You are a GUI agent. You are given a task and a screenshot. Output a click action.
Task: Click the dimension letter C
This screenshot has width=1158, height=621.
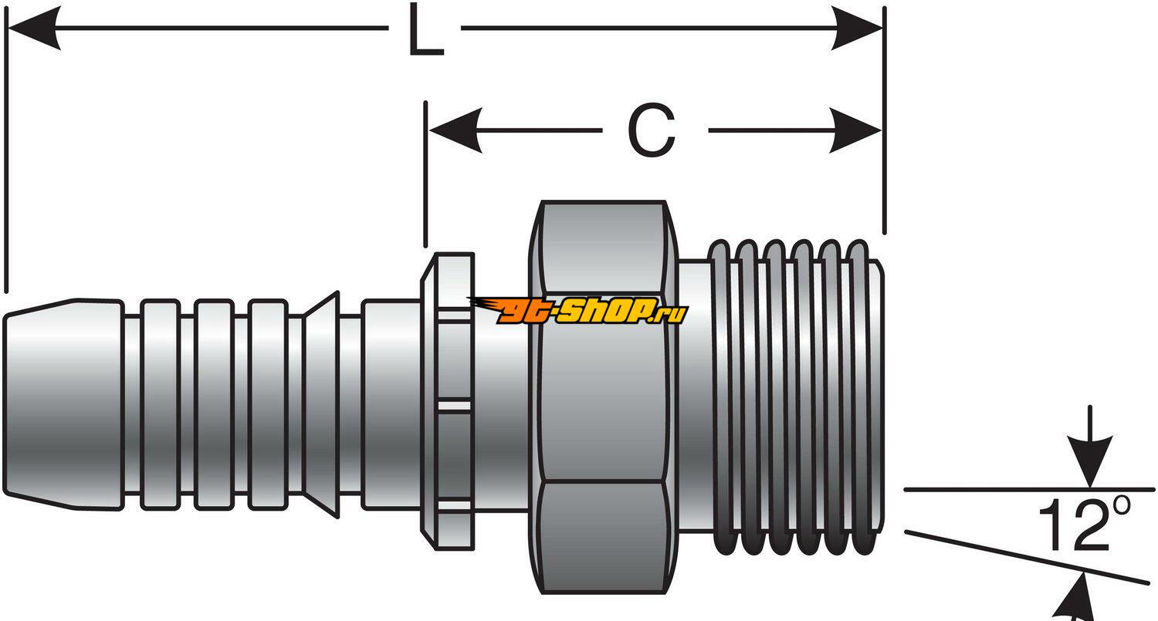(652, 131)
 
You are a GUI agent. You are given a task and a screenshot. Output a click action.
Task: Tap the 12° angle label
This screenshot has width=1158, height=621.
(1085, 525)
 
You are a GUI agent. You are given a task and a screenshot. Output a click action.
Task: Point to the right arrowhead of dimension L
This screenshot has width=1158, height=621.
(857, 29)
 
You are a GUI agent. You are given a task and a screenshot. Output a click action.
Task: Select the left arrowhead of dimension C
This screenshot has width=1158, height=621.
(455, 130)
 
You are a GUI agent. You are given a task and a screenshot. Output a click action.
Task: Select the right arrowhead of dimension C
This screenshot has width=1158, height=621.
(855, 130)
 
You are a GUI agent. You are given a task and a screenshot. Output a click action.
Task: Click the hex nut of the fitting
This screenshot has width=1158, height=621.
(603, 397)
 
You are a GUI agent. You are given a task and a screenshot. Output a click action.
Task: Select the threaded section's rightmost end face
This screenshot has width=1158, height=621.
(880, 397)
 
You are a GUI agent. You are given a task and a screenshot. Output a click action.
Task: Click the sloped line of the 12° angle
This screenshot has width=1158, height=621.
(1027, 557)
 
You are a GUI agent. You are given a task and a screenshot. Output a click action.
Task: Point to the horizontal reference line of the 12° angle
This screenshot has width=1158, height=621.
(1004, 489)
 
